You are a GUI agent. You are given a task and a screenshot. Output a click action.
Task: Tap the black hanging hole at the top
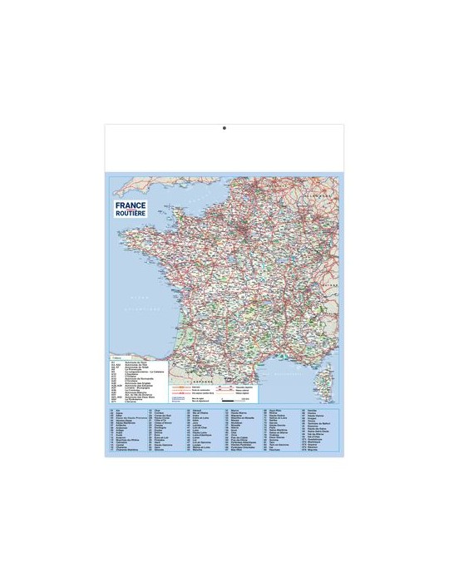pyautogui.click(x=224, y=127)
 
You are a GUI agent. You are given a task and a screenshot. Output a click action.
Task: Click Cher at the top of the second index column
pyautogui.click(x=157, y=411)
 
